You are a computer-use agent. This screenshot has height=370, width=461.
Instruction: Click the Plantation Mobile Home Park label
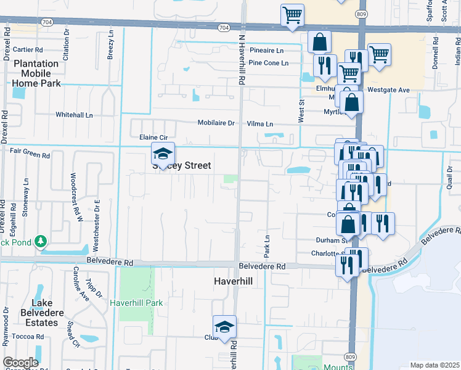pyautogui.click(x=36, y=73)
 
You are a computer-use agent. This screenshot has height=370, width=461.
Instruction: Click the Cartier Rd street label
pyautogui.click(x=28, y=49)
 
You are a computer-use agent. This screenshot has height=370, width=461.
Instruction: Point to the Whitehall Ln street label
pyautogui.click(x=74, y=115)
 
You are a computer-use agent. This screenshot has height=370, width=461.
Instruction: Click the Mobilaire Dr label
pyautogui.click(x=216, y=123)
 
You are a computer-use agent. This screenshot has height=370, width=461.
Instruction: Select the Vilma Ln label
pyautogui.click(x=259, y=123)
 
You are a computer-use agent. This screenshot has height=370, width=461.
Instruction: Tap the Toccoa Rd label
pyautogui.click(x=30, y=337)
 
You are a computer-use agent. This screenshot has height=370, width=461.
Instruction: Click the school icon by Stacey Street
pyautogui.click(x=163, y=154)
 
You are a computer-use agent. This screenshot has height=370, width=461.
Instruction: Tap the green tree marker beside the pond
pyautogui.click(x=40, y=240)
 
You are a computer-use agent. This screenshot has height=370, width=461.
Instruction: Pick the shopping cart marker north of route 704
pyautogui.click(x=292, y=15)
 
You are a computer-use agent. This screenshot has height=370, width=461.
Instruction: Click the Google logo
pyautogui.click(x=20, y=363)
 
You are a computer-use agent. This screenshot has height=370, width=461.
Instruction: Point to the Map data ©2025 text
pyautogui.click(x=434, y=365)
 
